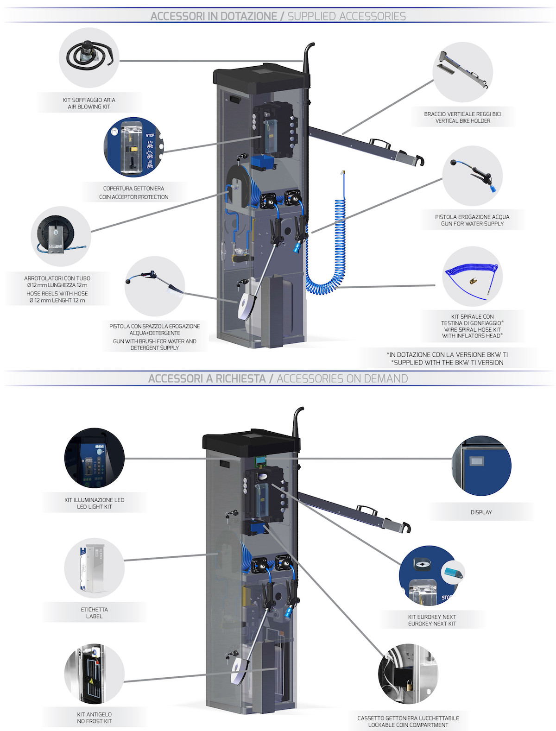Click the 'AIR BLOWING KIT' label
tap(89, 107)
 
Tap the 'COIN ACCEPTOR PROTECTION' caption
tap(133, 197)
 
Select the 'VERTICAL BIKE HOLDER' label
tap(462, 121)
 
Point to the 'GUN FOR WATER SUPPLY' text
tap(472, 224)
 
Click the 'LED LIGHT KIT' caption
tap(94, 507)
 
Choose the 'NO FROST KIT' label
tap(94, 721)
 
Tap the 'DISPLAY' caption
tap(481, 512)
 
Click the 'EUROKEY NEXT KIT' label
tap(432, 624)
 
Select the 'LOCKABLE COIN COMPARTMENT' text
tap(408, 725)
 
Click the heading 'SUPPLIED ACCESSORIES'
tap(347, 16)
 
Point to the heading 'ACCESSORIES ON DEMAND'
tap(342, 378)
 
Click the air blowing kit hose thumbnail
tap(89, 57)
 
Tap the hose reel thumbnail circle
tap(61, 236)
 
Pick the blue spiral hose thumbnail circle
tap(472, 277)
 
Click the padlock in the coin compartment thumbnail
tap(410, 683)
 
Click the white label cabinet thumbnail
tap(94, 567)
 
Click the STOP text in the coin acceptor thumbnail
tap(150, 136)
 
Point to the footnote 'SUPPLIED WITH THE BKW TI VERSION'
tap(448, 363)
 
